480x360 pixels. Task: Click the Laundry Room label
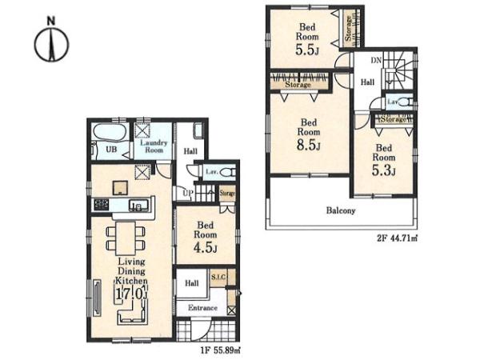pyautogui.click(x=154, y=146)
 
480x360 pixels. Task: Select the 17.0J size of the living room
pyautogui.click(x=130, y=294)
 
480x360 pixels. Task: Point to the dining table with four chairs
pyautogui.click(x=126, y=238)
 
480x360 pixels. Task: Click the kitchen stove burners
pyautogui.click(x=102, y=205)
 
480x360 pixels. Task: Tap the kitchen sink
pyautogui.click(x=138, y=205)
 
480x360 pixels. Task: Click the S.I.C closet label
pyautogui.click(x=218, y=278)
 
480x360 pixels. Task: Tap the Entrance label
pyautogui.click(x=202, y=308)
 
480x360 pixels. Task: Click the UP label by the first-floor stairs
pyautogui.click(x=188, y=193)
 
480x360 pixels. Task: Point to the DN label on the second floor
pyautogui.click(x=376, y=60)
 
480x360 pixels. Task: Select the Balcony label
pyautogui.click(x=341, y=210)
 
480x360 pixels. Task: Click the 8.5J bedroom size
pyautogui.click(x=308, y=145)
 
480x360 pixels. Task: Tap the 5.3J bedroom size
pyautogui.click(x=383, y=170)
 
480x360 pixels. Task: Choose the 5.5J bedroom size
pyautogui.click(x=307, y=50)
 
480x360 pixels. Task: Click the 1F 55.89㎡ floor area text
pyautogui.click(x=221, y=350)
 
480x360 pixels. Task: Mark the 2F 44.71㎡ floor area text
pyautogui.click(x=397, y=238)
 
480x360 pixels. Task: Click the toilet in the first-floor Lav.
pyautogui.click(x=227, y=172)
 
